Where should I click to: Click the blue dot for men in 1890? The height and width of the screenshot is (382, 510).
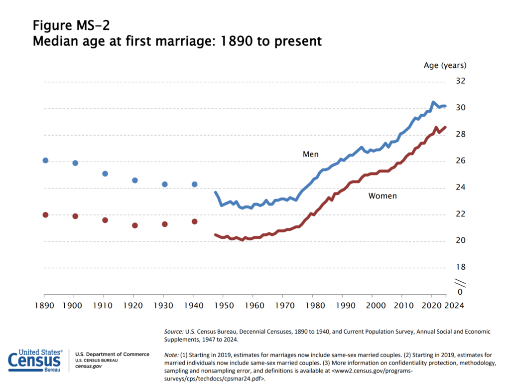(45, 161)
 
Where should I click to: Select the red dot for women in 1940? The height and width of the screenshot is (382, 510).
(195, 221)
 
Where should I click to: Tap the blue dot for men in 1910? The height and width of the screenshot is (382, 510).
(105, 174)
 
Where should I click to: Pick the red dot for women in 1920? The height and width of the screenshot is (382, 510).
(135, 225)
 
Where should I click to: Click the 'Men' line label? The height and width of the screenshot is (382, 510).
(311, 154)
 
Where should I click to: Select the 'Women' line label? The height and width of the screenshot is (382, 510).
(382, 196)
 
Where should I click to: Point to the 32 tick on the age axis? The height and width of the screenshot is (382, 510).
(460, 81)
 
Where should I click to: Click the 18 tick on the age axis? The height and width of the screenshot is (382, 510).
(460, 268)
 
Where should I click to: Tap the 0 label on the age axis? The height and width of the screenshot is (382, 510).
(460, 292)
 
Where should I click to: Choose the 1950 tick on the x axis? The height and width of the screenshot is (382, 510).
(224, 305)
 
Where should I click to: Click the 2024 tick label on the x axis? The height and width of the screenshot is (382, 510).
(455, 305)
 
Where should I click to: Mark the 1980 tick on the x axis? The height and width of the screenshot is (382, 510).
(313, 305)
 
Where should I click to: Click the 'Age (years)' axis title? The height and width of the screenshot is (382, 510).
(445, 65)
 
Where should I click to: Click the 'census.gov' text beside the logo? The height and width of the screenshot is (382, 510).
(85, 367)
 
